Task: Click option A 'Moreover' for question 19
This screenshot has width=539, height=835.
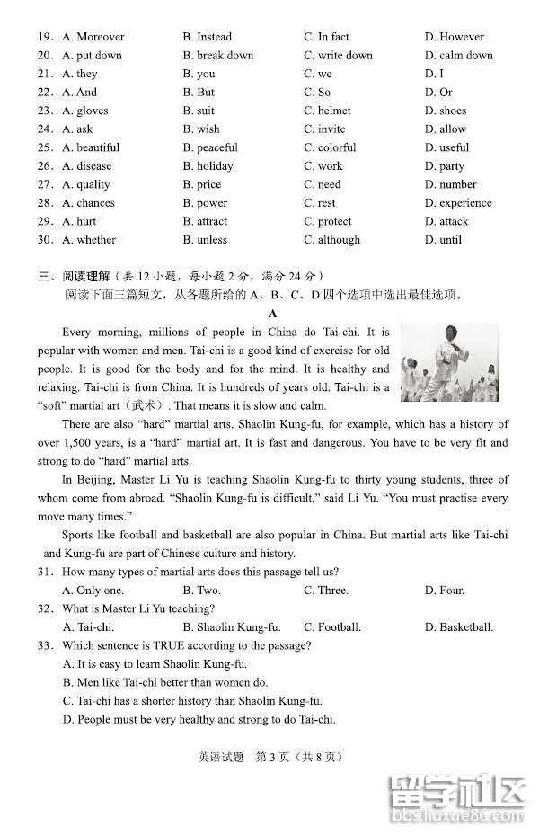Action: (93, 37)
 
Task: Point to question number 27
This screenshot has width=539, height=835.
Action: (45, 184)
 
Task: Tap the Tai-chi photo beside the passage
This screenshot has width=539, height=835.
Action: (448, 362)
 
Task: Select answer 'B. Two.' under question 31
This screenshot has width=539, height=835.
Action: (201, 590)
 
